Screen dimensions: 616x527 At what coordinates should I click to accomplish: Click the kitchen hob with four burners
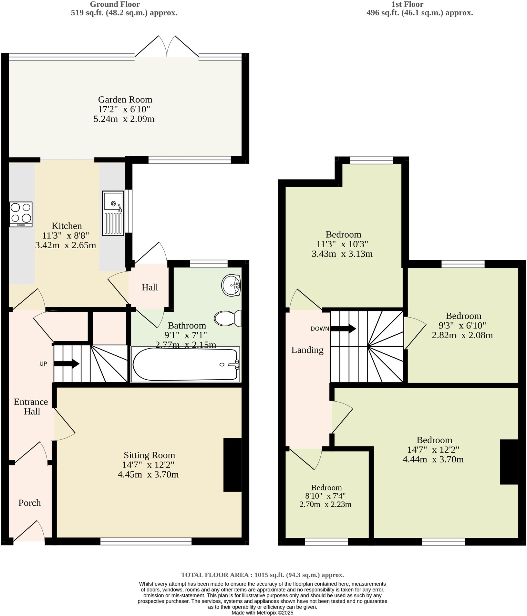tap(21, 214)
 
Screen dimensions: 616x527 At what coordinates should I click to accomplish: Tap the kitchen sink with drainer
tap(113, 213)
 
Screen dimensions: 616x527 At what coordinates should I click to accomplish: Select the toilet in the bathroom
tap(228, 319)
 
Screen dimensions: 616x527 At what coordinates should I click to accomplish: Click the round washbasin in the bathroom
tap(231, 285)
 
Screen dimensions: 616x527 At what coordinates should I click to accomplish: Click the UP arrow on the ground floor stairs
tap(67, 363)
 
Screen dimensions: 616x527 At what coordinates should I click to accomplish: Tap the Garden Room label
tap(125, 100)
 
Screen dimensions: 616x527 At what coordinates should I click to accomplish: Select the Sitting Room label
tap(149, 455)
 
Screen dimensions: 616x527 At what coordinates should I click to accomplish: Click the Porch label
tap(30, 503)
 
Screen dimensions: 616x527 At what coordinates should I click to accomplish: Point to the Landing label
tap(307, 350)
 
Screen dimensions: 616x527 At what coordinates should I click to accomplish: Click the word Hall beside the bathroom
tap(150, 287)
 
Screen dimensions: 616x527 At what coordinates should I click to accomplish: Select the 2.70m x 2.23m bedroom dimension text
tap(325, 504)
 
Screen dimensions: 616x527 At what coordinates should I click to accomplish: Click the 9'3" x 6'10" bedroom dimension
tap(463, 325)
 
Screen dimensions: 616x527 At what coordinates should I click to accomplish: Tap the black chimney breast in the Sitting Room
tap(232, 465)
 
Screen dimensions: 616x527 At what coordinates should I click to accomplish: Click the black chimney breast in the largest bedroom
tap(509, 462)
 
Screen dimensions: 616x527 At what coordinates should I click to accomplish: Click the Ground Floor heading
tap(115, 4)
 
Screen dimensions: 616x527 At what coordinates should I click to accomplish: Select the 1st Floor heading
tap(407, 4)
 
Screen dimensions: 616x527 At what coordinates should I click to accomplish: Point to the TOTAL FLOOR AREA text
tap(262, 575)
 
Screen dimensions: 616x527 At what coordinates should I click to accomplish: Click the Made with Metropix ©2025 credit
tap(262, 612)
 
